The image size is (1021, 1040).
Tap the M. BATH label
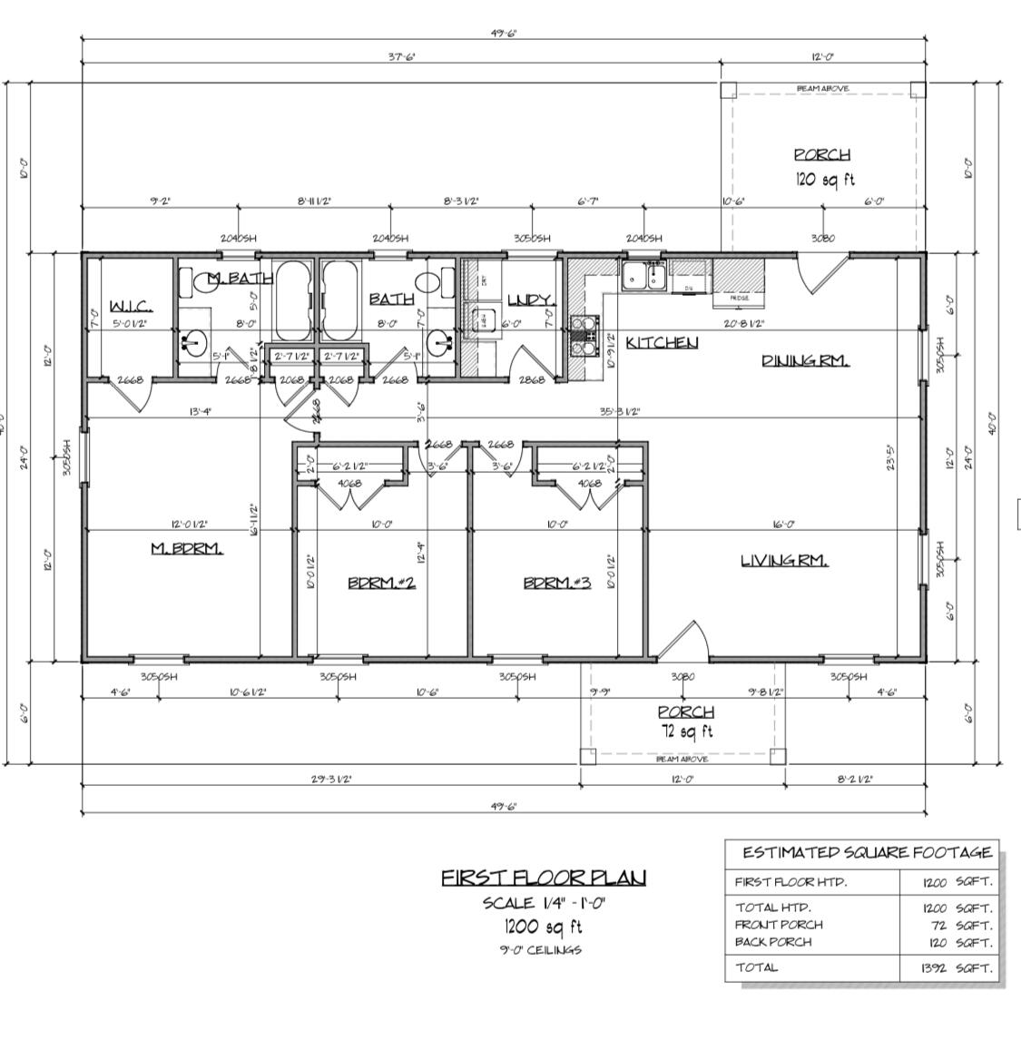coord(227,278)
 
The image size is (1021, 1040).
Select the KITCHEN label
coord(662,342)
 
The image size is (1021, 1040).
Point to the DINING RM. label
coord(805,360)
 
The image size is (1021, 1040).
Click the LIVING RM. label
coord(784,560)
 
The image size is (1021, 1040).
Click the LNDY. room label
coord(529,299)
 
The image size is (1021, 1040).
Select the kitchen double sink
coord(643,276)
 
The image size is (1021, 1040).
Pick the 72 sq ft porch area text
coord(685,731)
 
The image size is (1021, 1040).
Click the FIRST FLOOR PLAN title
coord(544,878)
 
